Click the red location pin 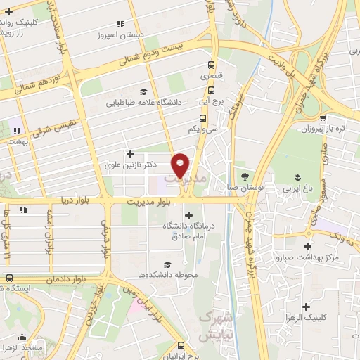(181, 165)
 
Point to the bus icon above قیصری (212, 63)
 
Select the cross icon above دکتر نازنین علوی (130, 153)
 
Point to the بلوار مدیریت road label (150, 202)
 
